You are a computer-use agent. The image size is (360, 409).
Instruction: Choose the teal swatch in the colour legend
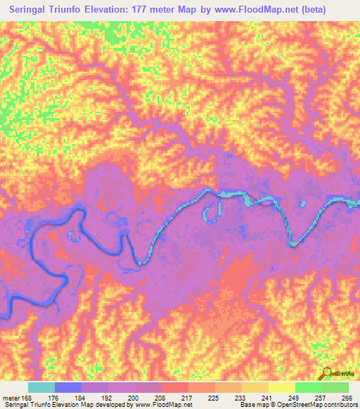coord(41,387)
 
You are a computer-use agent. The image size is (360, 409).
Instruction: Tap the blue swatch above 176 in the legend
coord(68,387)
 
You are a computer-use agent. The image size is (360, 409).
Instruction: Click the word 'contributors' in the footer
coord(334,404)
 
